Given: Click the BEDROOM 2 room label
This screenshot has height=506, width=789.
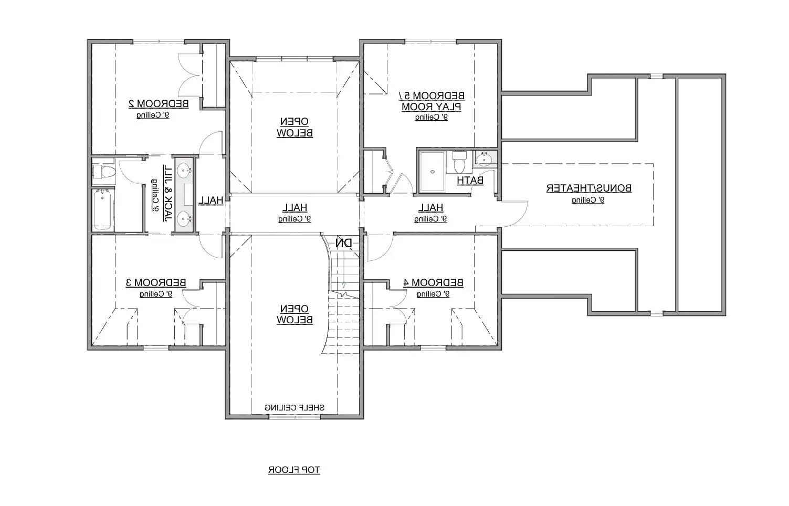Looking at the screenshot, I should point(159,103).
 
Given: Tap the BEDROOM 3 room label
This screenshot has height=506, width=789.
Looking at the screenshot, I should point(156,282).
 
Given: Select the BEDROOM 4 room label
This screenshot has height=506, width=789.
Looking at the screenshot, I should point(433,282).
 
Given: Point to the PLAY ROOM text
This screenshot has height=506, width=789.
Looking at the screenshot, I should point(432,107).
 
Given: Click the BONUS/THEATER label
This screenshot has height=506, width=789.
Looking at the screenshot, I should point(588,188).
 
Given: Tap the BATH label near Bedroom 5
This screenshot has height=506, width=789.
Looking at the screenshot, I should point(470,181).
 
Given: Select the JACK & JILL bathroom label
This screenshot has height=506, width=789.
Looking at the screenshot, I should point(168,193).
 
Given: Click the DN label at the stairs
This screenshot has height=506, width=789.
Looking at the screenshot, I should point(344,243).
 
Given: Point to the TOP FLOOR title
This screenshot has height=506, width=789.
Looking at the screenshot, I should point(294,470).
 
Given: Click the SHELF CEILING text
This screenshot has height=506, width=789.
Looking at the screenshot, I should point(294,407).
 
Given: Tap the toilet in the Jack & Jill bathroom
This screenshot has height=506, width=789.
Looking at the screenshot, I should point(103,171).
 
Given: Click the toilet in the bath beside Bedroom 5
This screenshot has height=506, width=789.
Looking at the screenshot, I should point(459,162).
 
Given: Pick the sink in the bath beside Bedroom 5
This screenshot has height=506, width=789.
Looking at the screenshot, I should point(484,159).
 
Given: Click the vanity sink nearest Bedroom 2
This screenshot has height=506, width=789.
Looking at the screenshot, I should point(184,170).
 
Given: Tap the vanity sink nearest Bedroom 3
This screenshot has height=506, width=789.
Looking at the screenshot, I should point(184,218).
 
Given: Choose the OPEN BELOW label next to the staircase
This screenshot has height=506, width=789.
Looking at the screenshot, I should point(294,314).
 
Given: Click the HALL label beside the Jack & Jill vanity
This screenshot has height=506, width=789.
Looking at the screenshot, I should point(211,200).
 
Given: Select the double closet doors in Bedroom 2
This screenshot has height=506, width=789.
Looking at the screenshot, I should point(190,76).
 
